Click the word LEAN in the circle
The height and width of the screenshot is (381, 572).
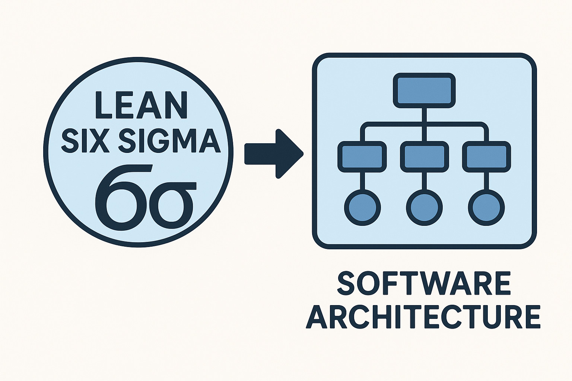point(141,105)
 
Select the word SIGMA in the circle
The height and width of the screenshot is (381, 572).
point(169,141)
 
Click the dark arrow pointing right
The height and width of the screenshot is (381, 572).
point(274,153)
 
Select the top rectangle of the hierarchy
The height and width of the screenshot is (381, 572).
point(424,90)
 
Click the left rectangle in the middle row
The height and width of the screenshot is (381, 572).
point(362,157)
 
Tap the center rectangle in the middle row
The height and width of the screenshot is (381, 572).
point(424,157)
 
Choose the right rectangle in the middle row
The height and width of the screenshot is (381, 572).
point(486,157)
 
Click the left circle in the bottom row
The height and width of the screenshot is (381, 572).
point(362,208)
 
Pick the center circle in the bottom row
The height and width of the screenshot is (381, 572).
point(424,208)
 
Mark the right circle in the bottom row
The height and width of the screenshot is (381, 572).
point(486,208)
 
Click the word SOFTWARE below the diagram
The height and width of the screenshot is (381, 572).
point(424,283)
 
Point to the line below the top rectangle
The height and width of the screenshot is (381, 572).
point(424,115)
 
